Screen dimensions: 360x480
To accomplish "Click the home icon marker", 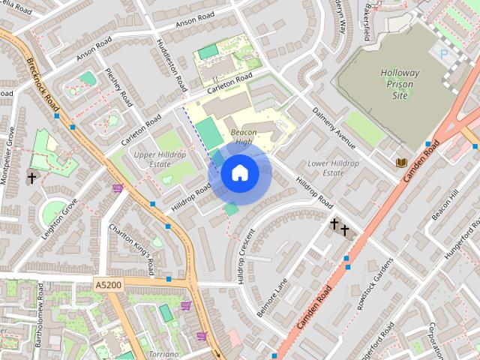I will (x=240, y=173).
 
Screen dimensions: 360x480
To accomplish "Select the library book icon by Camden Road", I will (x=401, y=162).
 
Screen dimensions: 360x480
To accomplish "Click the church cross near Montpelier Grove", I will (x=31, y=178).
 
